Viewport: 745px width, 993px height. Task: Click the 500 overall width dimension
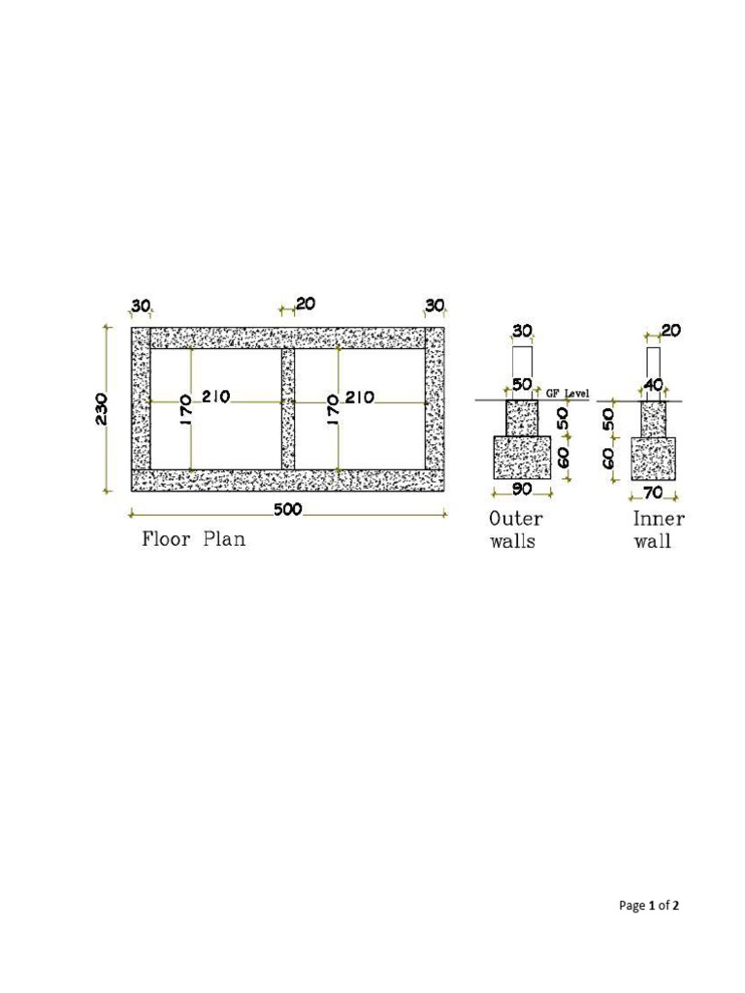[288, 509]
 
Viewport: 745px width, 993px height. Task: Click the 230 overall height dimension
[101, 409]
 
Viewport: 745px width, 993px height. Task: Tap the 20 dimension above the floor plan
[306, 304]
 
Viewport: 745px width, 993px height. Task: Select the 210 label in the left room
[216, 397]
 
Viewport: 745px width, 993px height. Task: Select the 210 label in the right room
[360, 397]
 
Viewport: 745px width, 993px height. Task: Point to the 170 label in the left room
[185, 410]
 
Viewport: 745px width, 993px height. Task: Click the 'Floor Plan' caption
[193, 539]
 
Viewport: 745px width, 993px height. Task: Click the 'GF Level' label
[567, 394]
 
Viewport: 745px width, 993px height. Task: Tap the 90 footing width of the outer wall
[522, 489]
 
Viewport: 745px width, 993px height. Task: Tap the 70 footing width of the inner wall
[653, 492]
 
